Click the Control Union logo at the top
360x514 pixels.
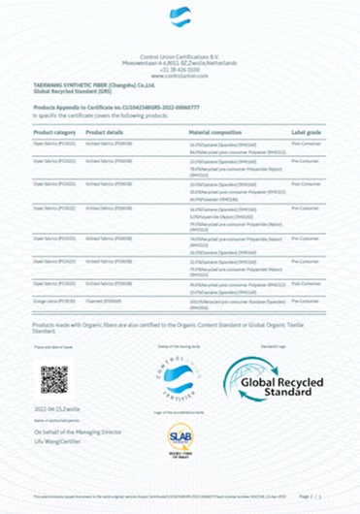pos(180,16)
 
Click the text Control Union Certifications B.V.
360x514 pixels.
pos(180,57)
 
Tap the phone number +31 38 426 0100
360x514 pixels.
pos(180,69)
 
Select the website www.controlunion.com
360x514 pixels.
pos(180,75)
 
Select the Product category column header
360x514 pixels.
pos(54,131)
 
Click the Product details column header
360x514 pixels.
pos(104,131)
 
